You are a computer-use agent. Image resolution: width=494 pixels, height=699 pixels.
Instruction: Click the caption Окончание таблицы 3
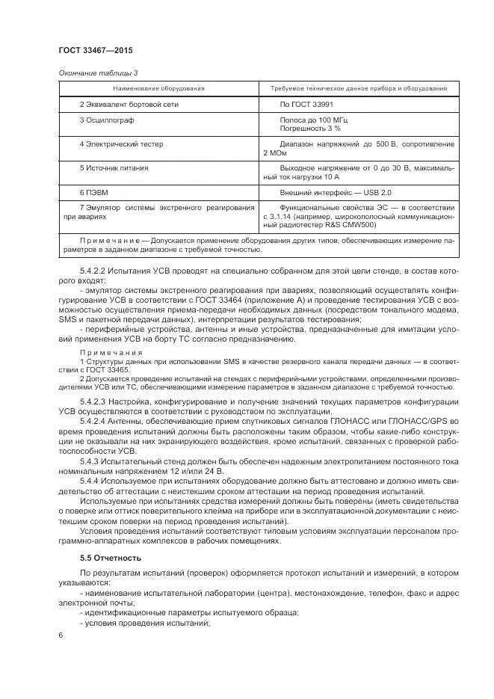click(x=97, y=73)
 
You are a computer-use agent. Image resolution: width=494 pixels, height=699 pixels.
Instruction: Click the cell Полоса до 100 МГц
click(x=314, y=120)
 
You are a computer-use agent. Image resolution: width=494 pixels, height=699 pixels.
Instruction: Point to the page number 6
click(x=60, y=635)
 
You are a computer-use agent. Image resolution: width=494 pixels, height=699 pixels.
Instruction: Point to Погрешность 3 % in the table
click(x=310, y=129)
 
